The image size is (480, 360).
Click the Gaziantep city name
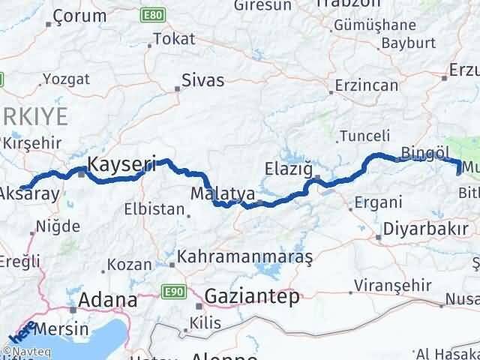(251, 295)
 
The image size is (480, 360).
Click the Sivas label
(202, 80)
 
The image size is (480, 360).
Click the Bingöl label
(424, 153)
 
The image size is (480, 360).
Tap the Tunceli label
(364, 136)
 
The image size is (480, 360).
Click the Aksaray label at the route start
(29, 193)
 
